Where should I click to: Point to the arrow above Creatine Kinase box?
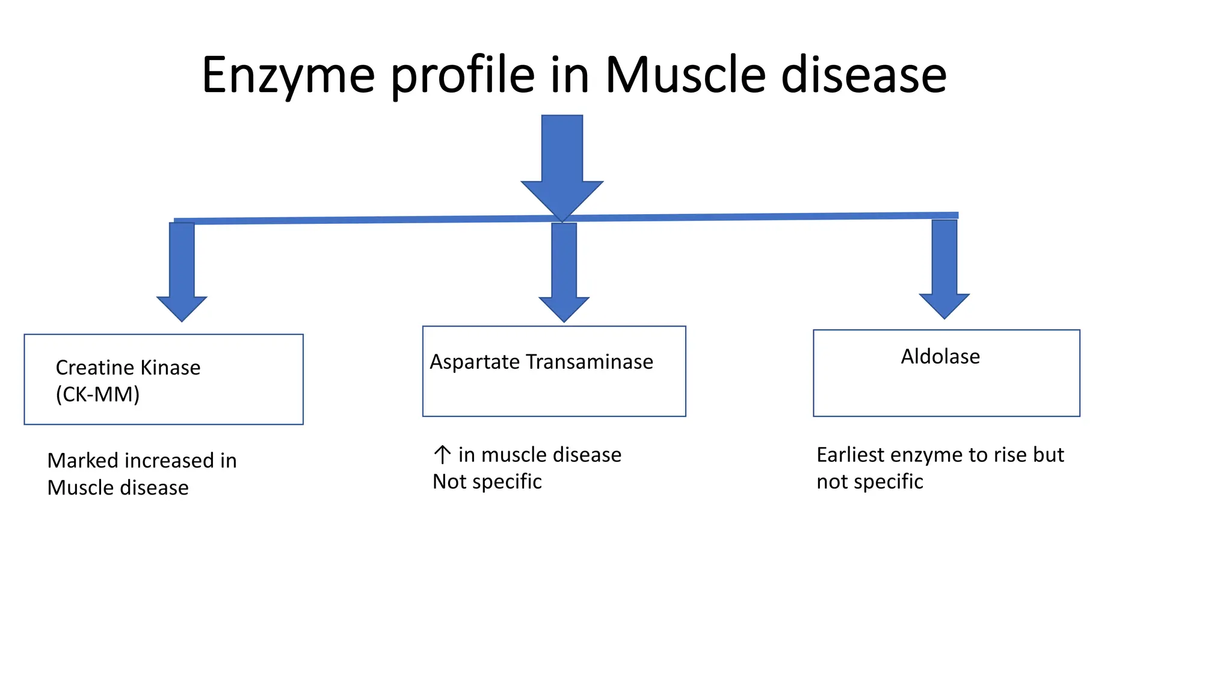pyautogui.click(x=182, y=271)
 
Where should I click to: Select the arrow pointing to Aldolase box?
pyautogui.click(x=944, y=268)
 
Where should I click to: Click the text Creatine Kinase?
pyautogui.click(x=128, y=368)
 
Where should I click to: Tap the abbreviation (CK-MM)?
pyautogui.click(x=97, y=395)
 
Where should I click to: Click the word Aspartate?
pyautogui.click(x=474, y=362)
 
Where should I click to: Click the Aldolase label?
pyautogui.click(x=940, y=357)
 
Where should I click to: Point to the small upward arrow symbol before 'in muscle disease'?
pyautogui.click(x=442, y=455)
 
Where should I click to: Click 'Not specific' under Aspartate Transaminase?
pyautogui.click(x=487, y=482)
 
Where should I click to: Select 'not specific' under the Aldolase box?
pyautogui.click(x=869, y=482)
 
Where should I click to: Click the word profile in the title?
pyautogui.click(x=463, y=76)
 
